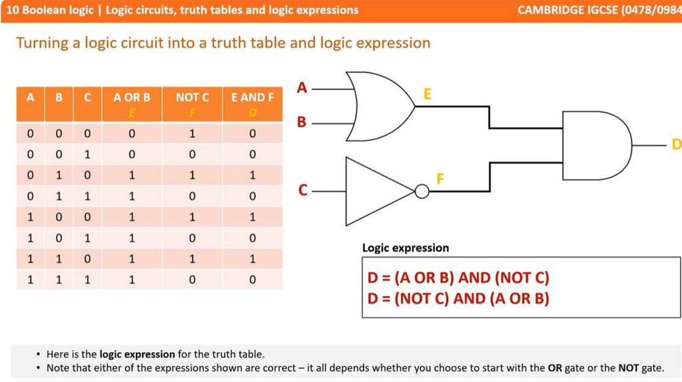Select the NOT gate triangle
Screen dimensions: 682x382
click(376, 192)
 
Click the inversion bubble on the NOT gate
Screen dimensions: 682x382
click(422, 192)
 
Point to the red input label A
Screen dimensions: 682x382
click(302, 88)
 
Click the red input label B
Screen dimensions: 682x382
click(302, 123)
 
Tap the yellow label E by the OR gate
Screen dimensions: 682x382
click(427, 95)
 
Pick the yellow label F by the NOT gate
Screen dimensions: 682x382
click(440, 179)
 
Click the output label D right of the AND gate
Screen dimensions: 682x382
click(675, 144)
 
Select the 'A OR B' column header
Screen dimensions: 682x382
click(132, 97)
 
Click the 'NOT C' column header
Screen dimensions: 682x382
click(192, 97)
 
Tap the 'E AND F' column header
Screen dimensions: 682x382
click(252, 97)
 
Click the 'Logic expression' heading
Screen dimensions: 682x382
click(405, 248)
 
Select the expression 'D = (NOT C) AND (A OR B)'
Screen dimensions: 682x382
click(458, 298)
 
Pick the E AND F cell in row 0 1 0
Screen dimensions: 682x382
click(252, 176)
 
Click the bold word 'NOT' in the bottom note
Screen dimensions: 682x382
click(628, 368)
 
